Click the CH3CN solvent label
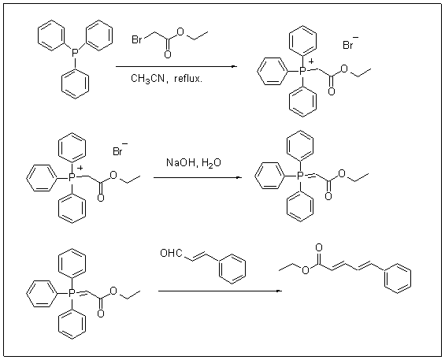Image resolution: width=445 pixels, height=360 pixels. click(147, 79)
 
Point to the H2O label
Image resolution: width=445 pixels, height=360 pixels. click(211, 163)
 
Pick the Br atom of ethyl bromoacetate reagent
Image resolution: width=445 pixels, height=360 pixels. click(137, 39)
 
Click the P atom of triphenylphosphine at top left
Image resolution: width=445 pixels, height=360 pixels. click(75, 53)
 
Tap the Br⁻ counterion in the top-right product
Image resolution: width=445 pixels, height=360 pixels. click(350, 44)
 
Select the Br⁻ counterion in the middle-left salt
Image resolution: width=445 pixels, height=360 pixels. click(120, 150)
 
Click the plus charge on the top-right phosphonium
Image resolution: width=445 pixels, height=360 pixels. click(311, 61)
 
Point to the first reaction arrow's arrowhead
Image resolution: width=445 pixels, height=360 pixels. click(234, 67)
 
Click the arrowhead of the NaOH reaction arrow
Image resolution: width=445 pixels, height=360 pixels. click(239, 178)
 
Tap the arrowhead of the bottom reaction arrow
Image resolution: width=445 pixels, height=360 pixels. click(280, 291)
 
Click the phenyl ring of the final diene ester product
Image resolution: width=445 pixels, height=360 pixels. click(397, 278)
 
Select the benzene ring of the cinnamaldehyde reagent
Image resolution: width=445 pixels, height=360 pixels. click(232, 269)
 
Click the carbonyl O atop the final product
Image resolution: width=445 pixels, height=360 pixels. click(319, 248)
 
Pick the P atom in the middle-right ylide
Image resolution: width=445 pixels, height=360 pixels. click(300, 176)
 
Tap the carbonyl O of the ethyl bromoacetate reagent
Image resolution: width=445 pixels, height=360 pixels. click(168, 54)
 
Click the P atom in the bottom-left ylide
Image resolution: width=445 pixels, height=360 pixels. click(72, 292)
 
